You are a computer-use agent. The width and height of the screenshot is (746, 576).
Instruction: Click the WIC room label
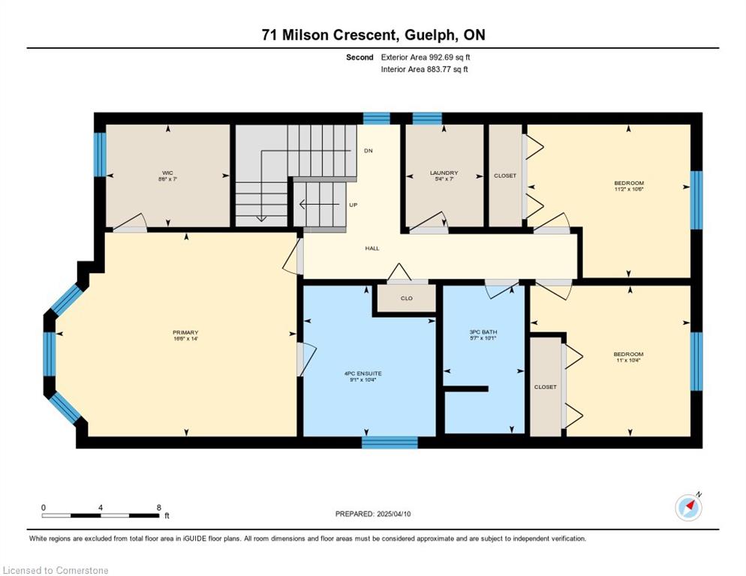tap(167, 172)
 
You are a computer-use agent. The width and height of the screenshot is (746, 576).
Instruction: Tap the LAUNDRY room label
tap(444, 172)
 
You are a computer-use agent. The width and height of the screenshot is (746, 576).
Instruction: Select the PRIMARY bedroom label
tap(185, 332)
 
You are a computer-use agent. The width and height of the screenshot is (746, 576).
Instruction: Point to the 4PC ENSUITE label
tap(363, 373)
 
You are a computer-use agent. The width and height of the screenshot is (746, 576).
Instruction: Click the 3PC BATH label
tap(483, 332)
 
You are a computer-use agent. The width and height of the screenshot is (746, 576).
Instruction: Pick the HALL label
tap(372, 248)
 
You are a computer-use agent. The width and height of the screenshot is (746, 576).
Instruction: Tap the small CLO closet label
tap(406, 298)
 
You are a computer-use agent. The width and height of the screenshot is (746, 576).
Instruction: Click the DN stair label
tap(368, 151)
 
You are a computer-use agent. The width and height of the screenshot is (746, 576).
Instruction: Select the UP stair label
tap(353, 205)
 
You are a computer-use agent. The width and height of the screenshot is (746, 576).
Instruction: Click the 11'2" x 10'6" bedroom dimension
tap(629, 189)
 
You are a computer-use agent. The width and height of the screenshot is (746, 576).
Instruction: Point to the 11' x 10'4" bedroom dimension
tap(628, 361)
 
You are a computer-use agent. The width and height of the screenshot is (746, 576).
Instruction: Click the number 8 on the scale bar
tap(159, 508)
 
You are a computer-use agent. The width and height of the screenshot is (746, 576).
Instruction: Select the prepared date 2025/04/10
tap(393, 514)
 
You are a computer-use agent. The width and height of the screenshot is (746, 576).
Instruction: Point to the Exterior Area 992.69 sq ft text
tap(426, 57)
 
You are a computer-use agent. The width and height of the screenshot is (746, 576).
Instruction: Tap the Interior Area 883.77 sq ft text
tap(424, 69)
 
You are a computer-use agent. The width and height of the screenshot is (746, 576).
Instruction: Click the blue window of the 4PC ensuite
tap(390, 442)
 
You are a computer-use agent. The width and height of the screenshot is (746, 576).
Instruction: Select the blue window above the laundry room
tap(427, 118)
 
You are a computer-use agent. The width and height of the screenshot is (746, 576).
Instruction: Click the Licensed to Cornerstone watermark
tap(56, 570)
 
